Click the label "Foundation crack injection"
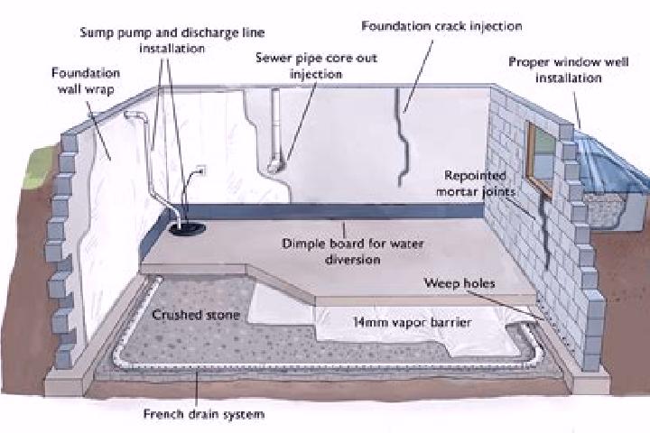441,26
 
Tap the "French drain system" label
203,413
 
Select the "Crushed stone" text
196,315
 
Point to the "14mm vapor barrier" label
412,322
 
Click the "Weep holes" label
460,283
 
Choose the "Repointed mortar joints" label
476,183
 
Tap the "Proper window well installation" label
569,70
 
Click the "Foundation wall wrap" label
86,81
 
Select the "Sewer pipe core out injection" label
316,66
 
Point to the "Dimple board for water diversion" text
352,251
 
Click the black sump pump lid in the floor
188,228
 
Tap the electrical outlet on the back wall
202,170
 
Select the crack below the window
544,232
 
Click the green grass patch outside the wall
40,166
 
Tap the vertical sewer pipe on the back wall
276,128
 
